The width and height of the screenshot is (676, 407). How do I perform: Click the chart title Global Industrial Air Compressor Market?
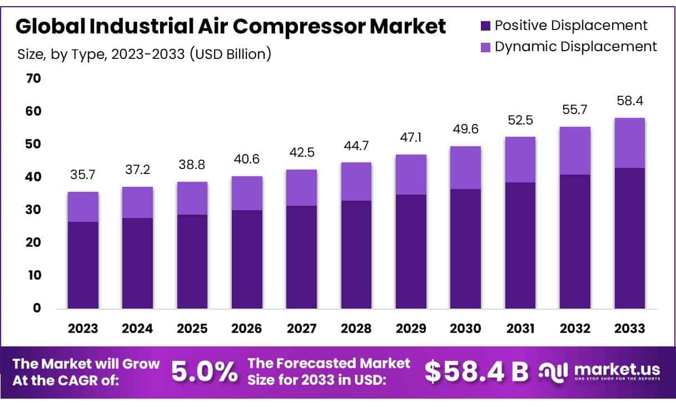pyautogui.click(x=230, y=26)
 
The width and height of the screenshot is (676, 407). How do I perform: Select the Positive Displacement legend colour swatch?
pyautogui.click(x=485, y=25)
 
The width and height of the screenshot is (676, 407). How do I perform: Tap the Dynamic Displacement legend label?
pyautogui.click(x=575, y=46)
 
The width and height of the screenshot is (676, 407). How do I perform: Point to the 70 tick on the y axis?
pyautogui.click(x=33, y=78)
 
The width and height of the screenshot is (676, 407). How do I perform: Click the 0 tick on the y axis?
pyautogui.click(x=37, y=308)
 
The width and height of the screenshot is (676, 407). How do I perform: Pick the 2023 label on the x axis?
pyautogui.click(x=83, y=329)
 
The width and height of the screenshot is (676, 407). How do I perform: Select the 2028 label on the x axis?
pyautogui.click(x=356, y=329)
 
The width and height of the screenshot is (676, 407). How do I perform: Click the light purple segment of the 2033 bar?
pyautogui.click(x=630, y=143)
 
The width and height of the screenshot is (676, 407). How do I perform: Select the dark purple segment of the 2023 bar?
pyautogui.click(x=83, y=265)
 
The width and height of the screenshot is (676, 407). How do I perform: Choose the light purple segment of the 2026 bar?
pyautogui.click(x=247, y=193)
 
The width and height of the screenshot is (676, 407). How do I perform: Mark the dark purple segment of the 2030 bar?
pyautogui.click(x=465, y=249)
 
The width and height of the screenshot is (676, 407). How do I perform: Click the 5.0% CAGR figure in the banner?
pyautogui.click(x=204, y=372)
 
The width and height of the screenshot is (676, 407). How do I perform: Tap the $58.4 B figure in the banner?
pyautogui.click(x=476, y=372)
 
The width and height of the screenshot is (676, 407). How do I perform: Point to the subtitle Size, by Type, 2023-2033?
pyautogui.click(x=144, y=54)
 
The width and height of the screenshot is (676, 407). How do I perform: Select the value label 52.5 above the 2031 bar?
pyautogui.click(x=520, y=120)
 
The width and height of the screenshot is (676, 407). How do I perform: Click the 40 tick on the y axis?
pyautogui.click(x=33, y=177)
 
